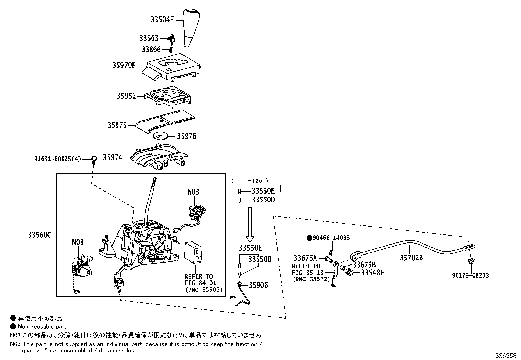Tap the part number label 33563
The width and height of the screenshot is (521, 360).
149,38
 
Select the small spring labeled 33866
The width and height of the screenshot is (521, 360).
171,49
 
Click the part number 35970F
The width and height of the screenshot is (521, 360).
124,65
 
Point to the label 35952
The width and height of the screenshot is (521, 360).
126,96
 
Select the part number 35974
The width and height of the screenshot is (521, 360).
113,158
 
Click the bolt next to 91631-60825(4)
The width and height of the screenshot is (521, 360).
94,160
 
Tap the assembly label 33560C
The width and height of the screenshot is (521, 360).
40,235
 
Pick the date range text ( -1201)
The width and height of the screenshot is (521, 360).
250,180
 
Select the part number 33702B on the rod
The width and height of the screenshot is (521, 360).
411,258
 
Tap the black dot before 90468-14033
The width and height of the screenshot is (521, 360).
309,238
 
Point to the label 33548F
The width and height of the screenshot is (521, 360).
372,273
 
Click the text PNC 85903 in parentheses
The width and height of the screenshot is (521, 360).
204,290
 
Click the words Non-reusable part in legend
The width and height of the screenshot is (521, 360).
42,326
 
